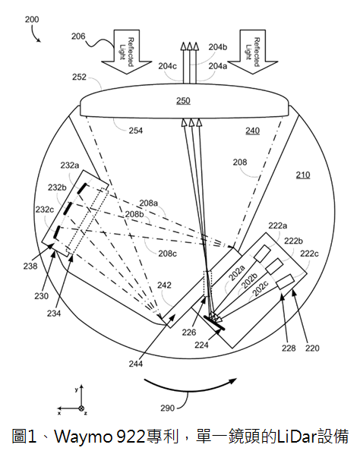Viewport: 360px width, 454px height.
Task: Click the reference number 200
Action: coord(32,20)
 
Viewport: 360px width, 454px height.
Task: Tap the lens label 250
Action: coord(183,101)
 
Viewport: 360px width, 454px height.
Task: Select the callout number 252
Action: coord(79,77)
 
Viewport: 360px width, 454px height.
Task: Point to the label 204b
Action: coord(218,47)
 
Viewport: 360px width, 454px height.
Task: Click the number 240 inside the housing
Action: coord(253,131)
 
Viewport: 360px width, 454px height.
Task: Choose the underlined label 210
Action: coord(303,175)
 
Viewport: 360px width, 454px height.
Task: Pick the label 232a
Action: coord(70,166)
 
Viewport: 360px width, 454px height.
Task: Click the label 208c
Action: coord(167,254)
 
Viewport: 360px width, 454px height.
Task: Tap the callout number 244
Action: coord(136,364)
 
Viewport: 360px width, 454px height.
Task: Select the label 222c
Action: coord(309,254)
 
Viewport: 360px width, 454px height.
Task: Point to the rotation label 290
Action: coord(168,408)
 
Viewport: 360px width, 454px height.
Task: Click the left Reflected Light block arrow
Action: coord(127,52)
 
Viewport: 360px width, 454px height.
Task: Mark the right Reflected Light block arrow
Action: coord(253,52)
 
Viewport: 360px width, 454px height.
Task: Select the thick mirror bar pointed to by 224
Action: coord(214,323)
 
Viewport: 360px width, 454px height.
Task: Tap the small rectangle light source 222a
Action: coord(262,253)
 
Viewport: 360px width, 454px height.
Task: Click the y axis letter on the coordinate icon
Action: coord(77,389)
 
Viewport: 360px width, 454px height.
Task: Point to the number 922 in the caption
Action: coord(131,437)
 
